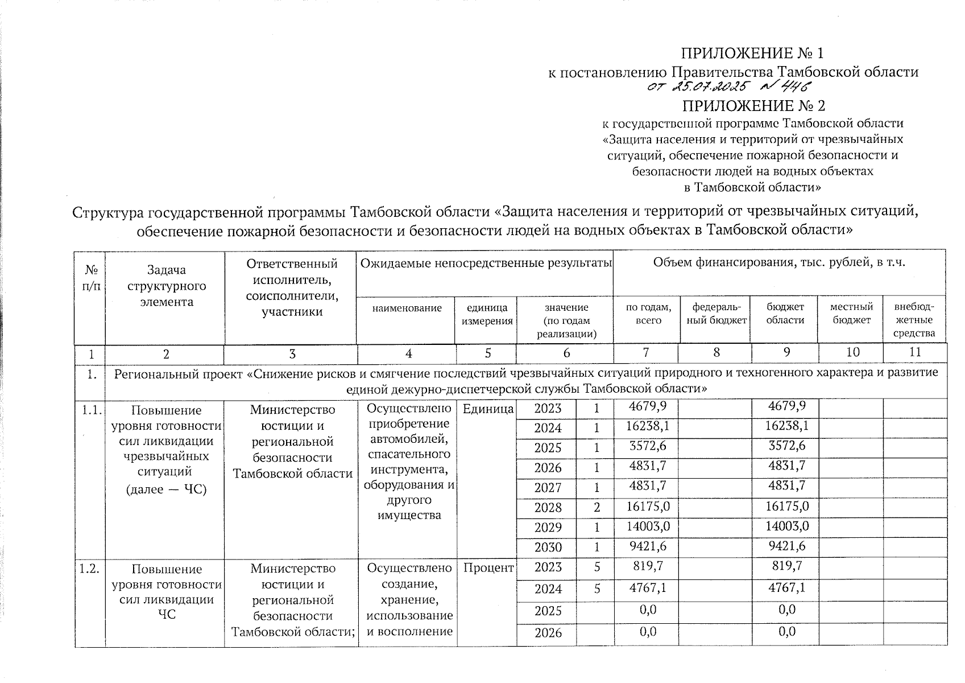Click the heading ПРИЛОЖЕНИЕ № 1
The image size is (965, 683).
pyautogui.click(x=752, y=54)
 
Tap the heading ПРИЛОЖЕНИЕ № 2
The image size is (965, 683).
pyautogui.click(x=753, y=106)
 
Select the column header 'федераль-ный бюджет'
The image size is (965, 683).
pyautogui.click(x=715, y=314)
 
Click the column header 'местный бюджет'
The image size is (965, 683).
pyautogui.click(x=851, y=314)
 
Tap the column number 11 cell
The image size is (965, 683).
pyautogui.click(x=914, y=352)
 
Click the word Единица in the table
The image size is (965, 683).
pyautogui.click(x=487, y=409)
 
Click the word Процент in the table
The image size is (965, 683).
pyautogui.click(x=488, y=567)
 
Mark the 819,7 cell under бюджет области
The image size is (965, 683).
pyautogui.click(x=786, y=566)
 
